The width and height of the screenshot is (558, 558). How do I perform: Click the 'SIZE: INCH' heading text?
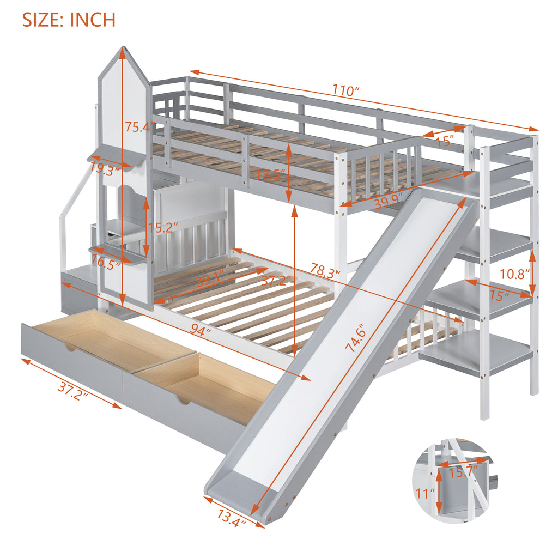pos(69,20)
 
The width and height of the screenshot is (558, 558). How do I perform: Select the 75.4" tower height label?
pos(140,126)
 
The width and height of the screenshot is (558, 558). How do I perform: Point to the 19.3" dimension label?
pos(105,168)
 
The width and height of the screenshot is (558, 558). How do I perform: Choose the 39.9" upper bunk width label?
pos(388,202)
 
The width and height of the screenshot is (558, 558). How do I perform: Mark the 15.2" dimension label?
pos(163,227)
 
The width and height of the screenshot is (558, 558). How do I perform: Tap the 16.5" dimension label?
pos(106,263)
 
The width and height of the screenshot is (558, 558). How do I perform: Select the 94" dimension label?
pos(200,330)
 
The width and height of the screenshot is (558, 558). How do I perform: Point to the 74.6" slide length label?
pos(355,338)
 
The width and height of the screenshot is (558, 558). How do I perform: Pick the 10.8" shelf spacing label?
pos(514,274)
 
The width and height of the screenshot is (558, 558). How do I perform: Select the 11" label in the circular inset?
pos(426,494)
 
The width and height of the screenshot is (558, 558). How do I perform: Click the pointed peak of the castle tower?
pos(124,47)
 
